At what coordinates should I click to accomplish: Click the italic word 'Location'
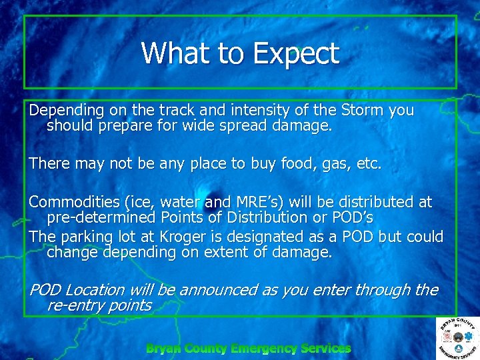point(95,291)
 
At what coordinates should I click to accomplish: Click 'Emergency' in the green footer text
point(263,348)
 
